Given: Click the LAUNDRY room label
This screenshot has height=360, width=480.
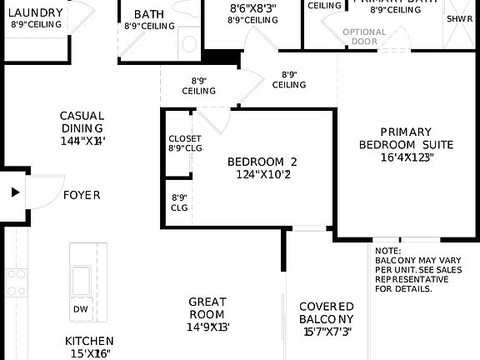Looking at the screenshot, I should coord(37,13).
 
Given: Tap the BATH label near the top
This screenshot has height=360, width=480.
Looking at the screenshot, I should coord(149,14).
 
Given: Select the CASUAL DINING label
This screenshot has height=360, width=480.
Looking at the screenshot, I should coord(82,122).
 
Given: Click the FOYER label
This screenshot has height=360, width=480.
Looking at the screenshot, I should coord(82,195).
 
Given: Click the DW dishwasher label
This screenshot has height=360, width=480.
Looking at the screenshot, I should coord(81,309).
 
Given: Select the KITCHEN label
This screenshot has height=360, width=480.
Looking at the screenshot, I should coord(89,341).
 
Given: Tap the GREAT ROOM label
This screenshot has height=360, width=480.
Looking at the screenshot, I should coord(207,308).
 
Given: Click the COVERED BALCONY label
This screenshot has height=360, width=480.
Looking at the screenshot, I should coord(327,312).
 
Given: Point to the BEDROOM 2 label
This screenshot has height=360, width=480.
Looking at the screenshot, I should coord(262,162).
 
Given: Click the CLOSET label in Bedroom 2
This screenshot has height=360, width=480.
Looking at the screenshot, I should coord(185,138).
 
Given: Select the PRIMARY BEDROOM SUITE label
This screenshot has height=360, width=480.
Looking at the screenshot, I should coord(406,137).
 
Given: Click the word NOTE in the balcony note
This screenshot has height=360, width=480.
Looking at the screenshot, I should coord(387,251).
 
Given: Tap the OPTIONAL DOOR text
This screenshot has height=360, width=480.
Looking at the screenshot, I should coord(365,37).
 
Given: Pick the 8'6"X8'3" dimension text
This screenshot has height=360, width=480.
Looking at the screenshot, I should coord(252,7).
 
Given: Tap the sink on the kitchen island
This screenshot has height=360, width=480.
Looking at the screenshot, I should coord(82,277).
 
